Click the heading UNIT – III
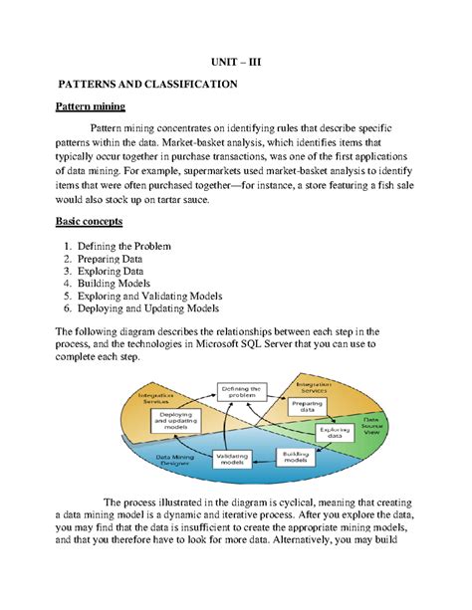point(236,62)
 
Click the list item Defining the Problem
point(128,246)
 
